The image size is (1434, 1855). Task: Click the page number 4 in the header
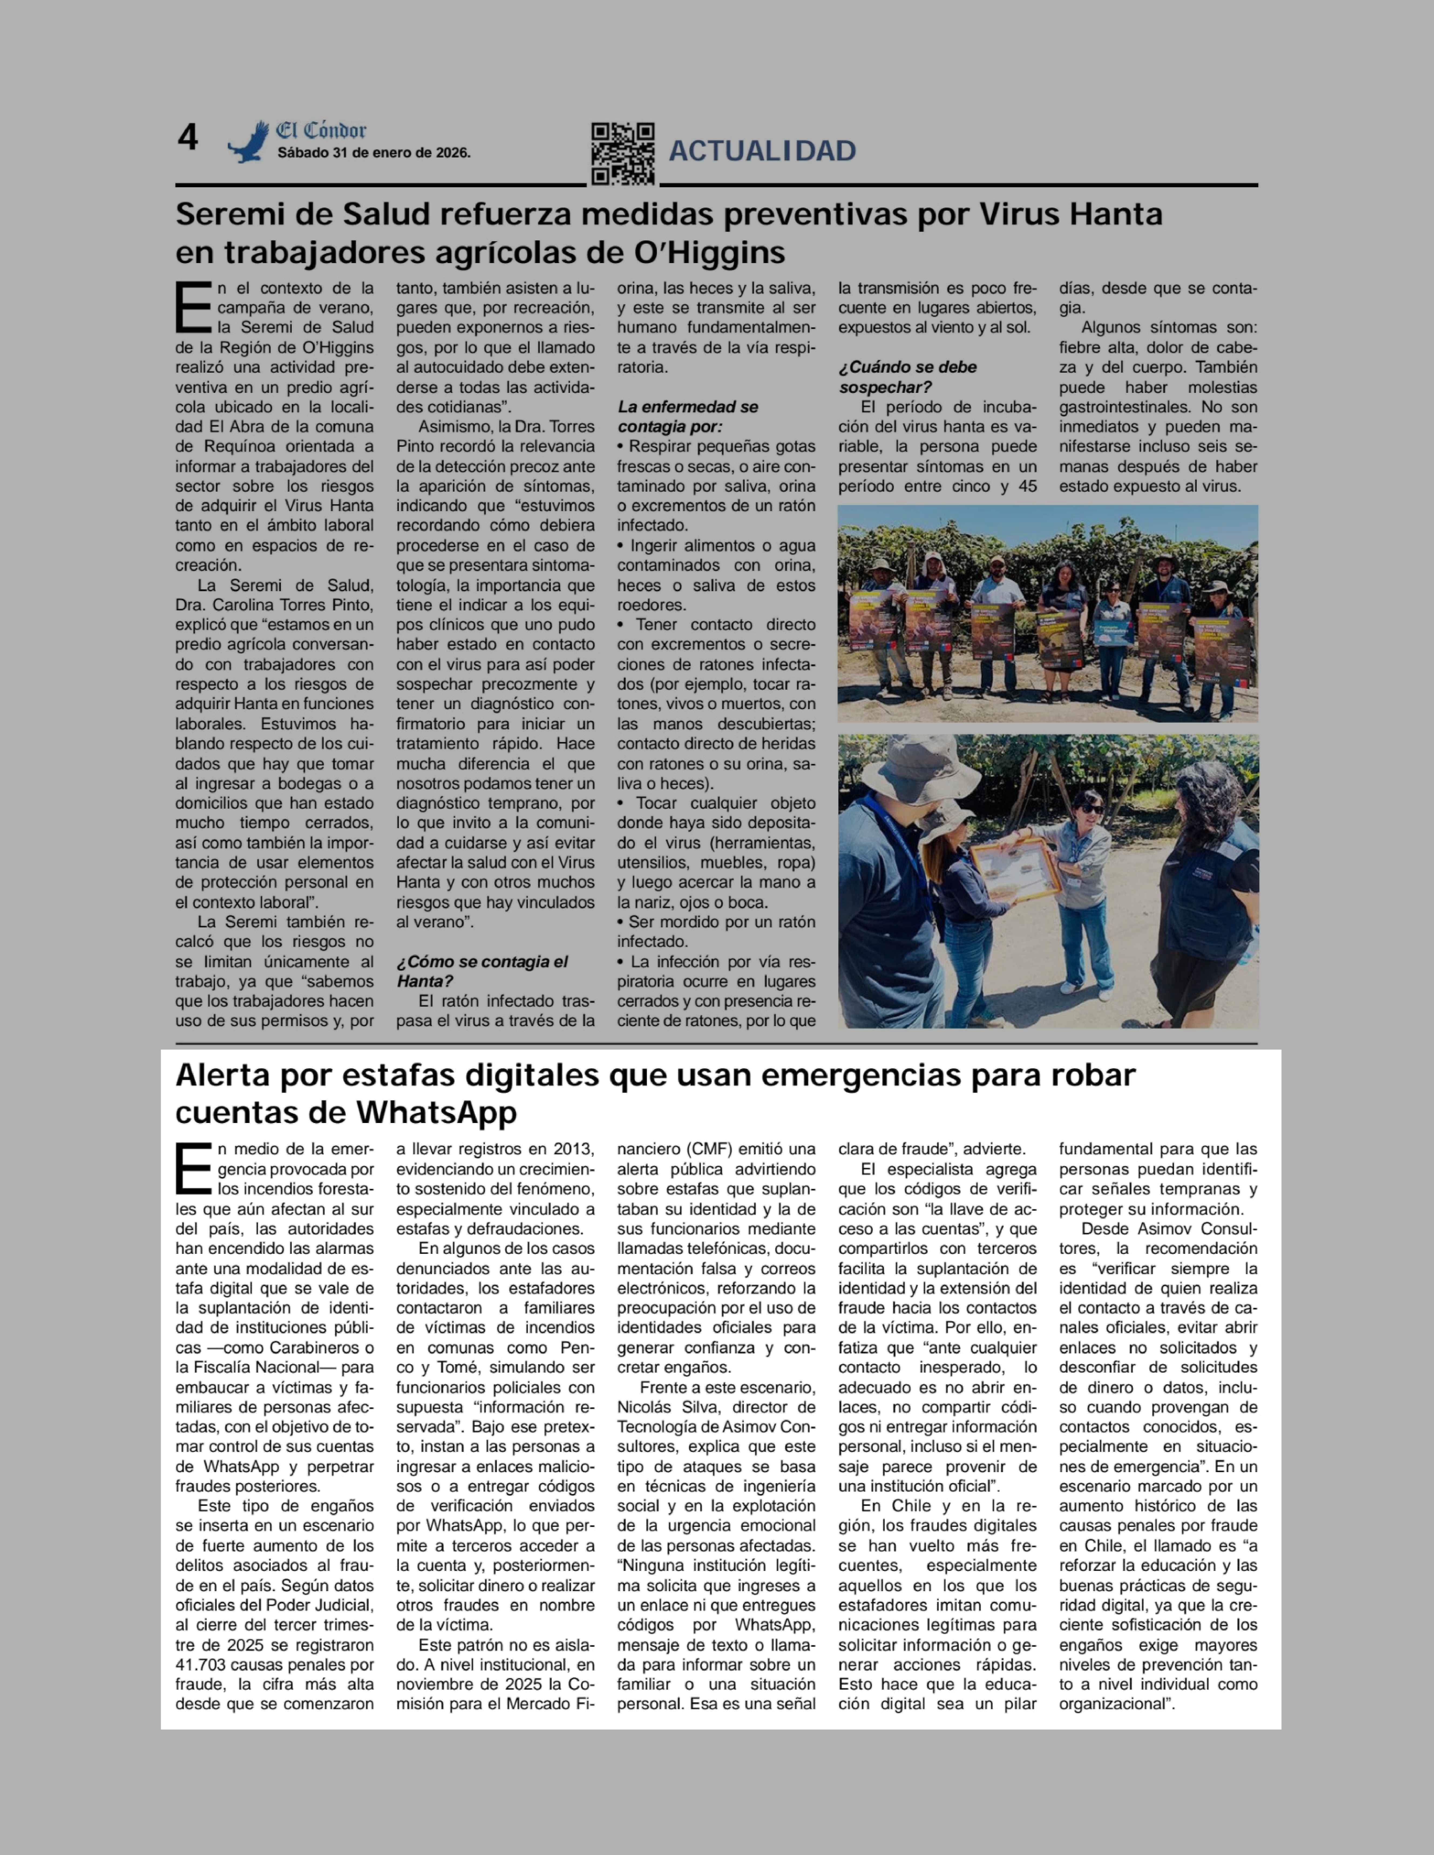(188, 138)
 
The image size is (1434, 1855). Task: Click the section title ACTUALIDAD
(762, 151)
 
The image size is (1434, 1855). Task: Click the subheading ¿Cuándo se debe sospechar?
(907, 377)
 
